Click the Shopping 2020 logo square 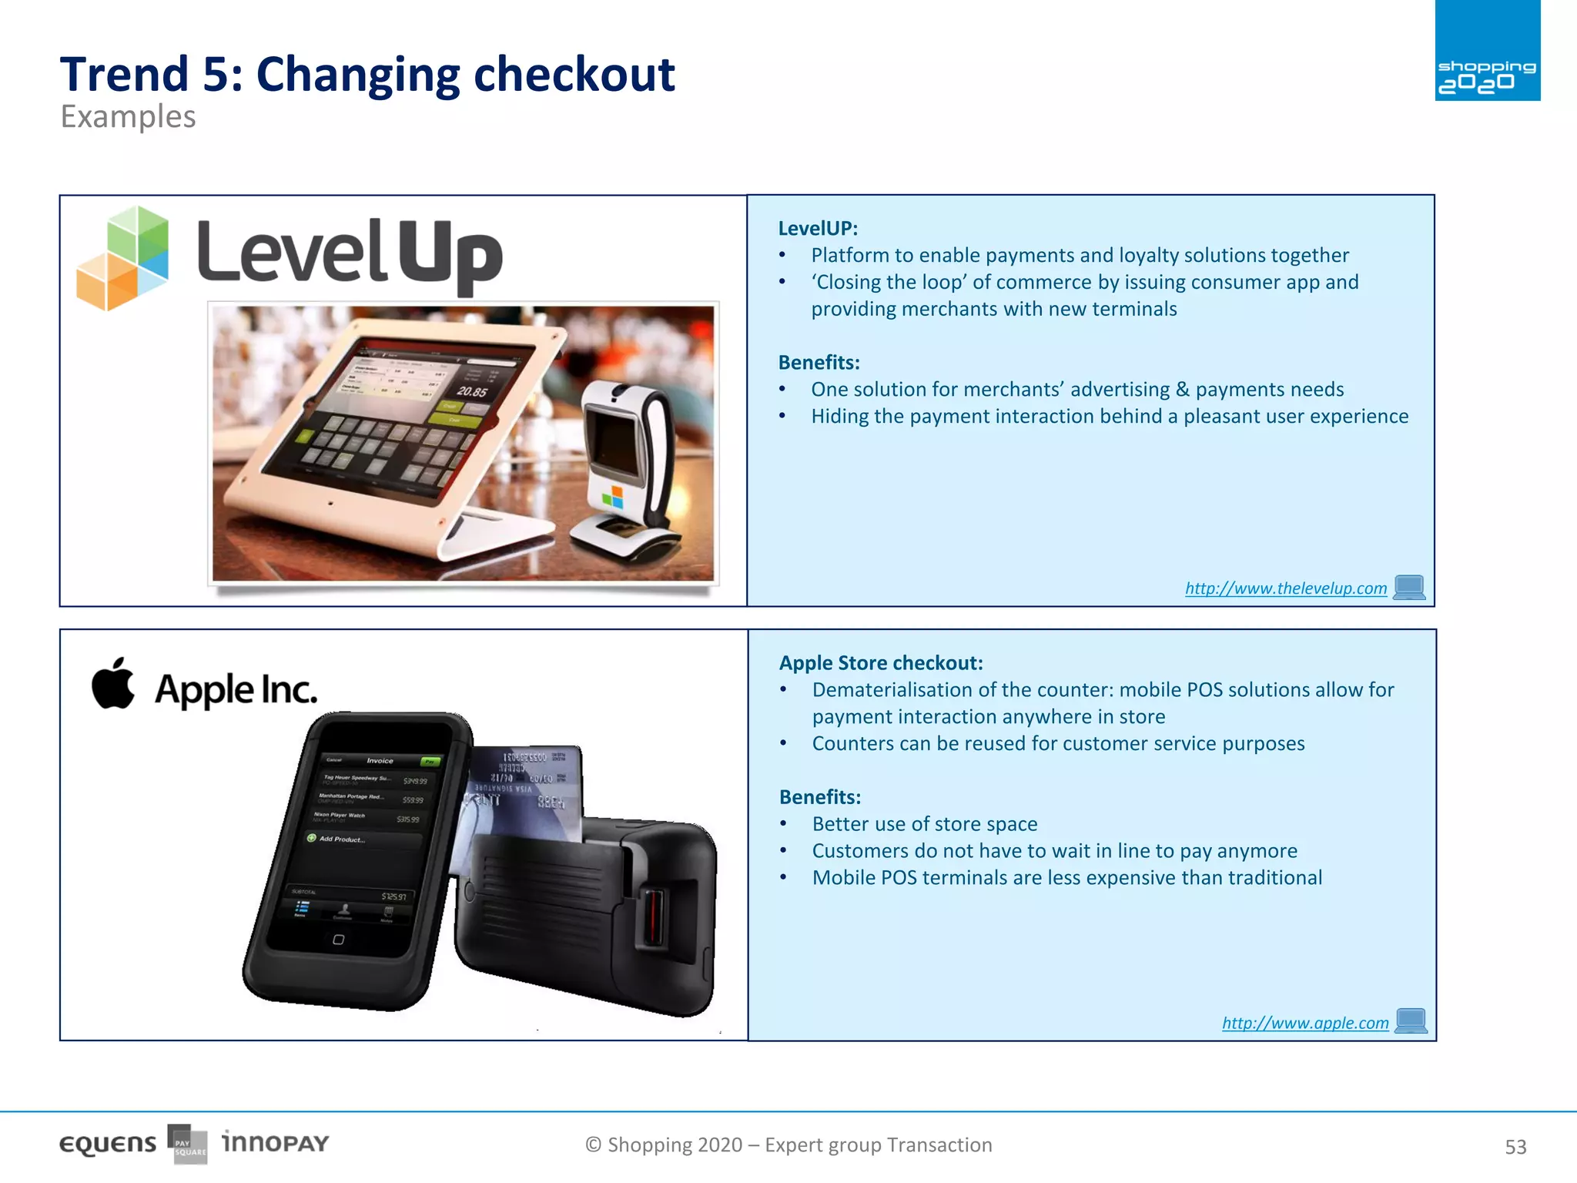1487,51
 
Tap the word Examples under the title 128,117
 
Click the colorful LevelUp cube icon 123,258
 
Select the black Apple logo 113,683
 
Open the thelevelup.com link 1285,588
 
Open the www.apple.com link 1304,1023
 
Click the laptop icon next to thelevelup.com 1409,588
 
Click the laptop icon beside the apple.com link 1411,1021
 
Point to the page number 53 1515,1147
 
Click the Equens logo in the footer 108,1144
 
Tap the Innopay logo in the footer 275,1142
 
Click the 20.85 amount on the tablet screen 472,391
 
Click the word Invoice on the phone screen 380,760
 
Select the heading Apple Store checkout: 880,663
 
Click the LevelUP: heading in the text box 817,229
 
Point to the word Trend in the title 124,75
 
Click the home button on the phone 338,940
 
